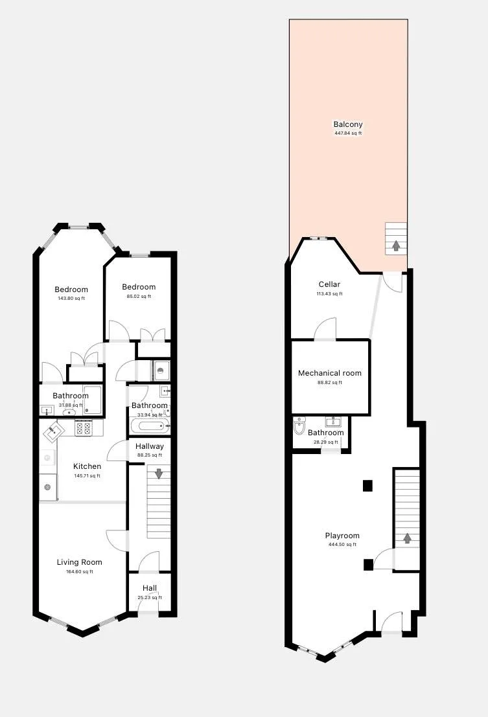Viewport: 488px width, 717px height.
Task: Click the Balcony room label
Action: click(x=348, y=124)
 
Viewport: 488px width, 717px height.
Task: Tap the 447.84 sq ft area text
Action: click(x=348, y=133)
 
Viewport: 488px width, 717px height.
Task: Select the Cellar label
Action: click(x=329, y=284)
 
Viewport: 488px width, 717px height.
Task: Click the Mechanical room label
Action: click(x=330, y=373)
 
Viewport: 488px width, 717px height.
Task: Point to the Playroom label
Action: click(x=342, y=536)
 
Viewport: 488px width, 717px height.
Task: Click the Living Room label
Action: click(x=79, y=562)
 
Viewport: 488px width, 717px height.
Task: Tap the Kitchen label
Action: click(x=87, y=466)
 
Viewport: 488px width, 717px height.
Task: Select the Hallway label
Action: click(x=150, y=446)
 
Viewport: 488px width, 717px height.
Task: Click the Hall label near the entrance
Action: click(x=150, y=588)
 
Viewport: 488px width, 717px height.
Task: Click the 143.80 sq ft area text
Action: click(x=71, y=299)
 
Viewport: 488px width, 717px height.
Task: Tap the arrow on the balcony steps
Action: click(x=396, y=245)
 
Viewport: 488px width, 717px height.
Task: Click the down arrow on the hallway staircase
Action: click(x=158, y=473)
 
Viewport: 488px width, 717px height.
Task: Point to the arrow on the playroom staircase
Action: click(x=407, y=538)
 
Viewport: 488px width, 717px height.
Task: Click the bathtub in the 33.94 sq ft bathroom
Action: click(x=150, y=427)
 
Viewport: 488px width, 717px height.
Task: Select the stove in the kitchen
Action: click(x=84, y=428)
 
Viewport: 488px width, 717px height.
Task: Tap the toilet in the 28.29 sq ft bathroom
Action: click(x=299, y=427)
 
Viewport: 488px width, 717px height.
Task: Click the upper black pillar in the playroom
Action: click(x=368, y=485)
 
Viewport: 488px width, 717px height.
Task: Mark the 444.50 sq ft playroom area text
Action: click(x=342, y=545)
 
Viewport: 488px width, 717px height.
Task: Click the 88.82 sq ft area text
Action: click(x=330, y=382)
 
